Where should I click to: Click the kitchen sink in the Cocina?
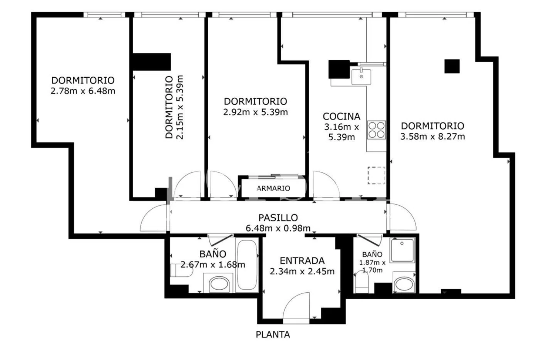pos(361,77)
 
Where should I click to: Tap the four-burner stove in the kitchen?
pos(376,130)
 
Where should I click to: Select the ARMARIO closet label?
pos(273,188)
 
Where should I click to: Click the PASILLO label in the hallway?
pos(278,218)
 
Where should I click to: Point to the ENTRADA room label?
pos(302,260)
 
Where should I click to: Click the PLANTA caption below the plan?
pos(273,334)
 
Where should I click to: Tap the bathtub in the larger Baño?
pos(247,265)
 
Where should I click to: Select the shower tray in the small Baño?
pos(402,250)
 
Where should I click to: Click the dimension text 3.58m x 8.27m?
pos(433,137)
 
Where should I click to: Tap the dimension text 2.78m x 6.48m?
pos(83,91)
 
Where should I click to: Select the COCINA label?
pos(342,116)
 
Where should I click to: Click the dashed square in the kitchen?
pos(376,175)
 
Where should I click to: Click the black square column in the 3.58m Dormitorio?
pos(452,66)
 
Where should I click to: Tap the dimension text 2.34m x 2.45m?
pos(302,271)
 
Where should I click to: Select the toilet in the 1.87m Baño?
pos(362,282)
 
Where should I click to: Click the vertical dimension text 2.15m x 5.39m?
pos(179,107)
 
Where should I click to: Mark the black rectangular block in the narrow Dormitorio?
pos(152,62)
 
